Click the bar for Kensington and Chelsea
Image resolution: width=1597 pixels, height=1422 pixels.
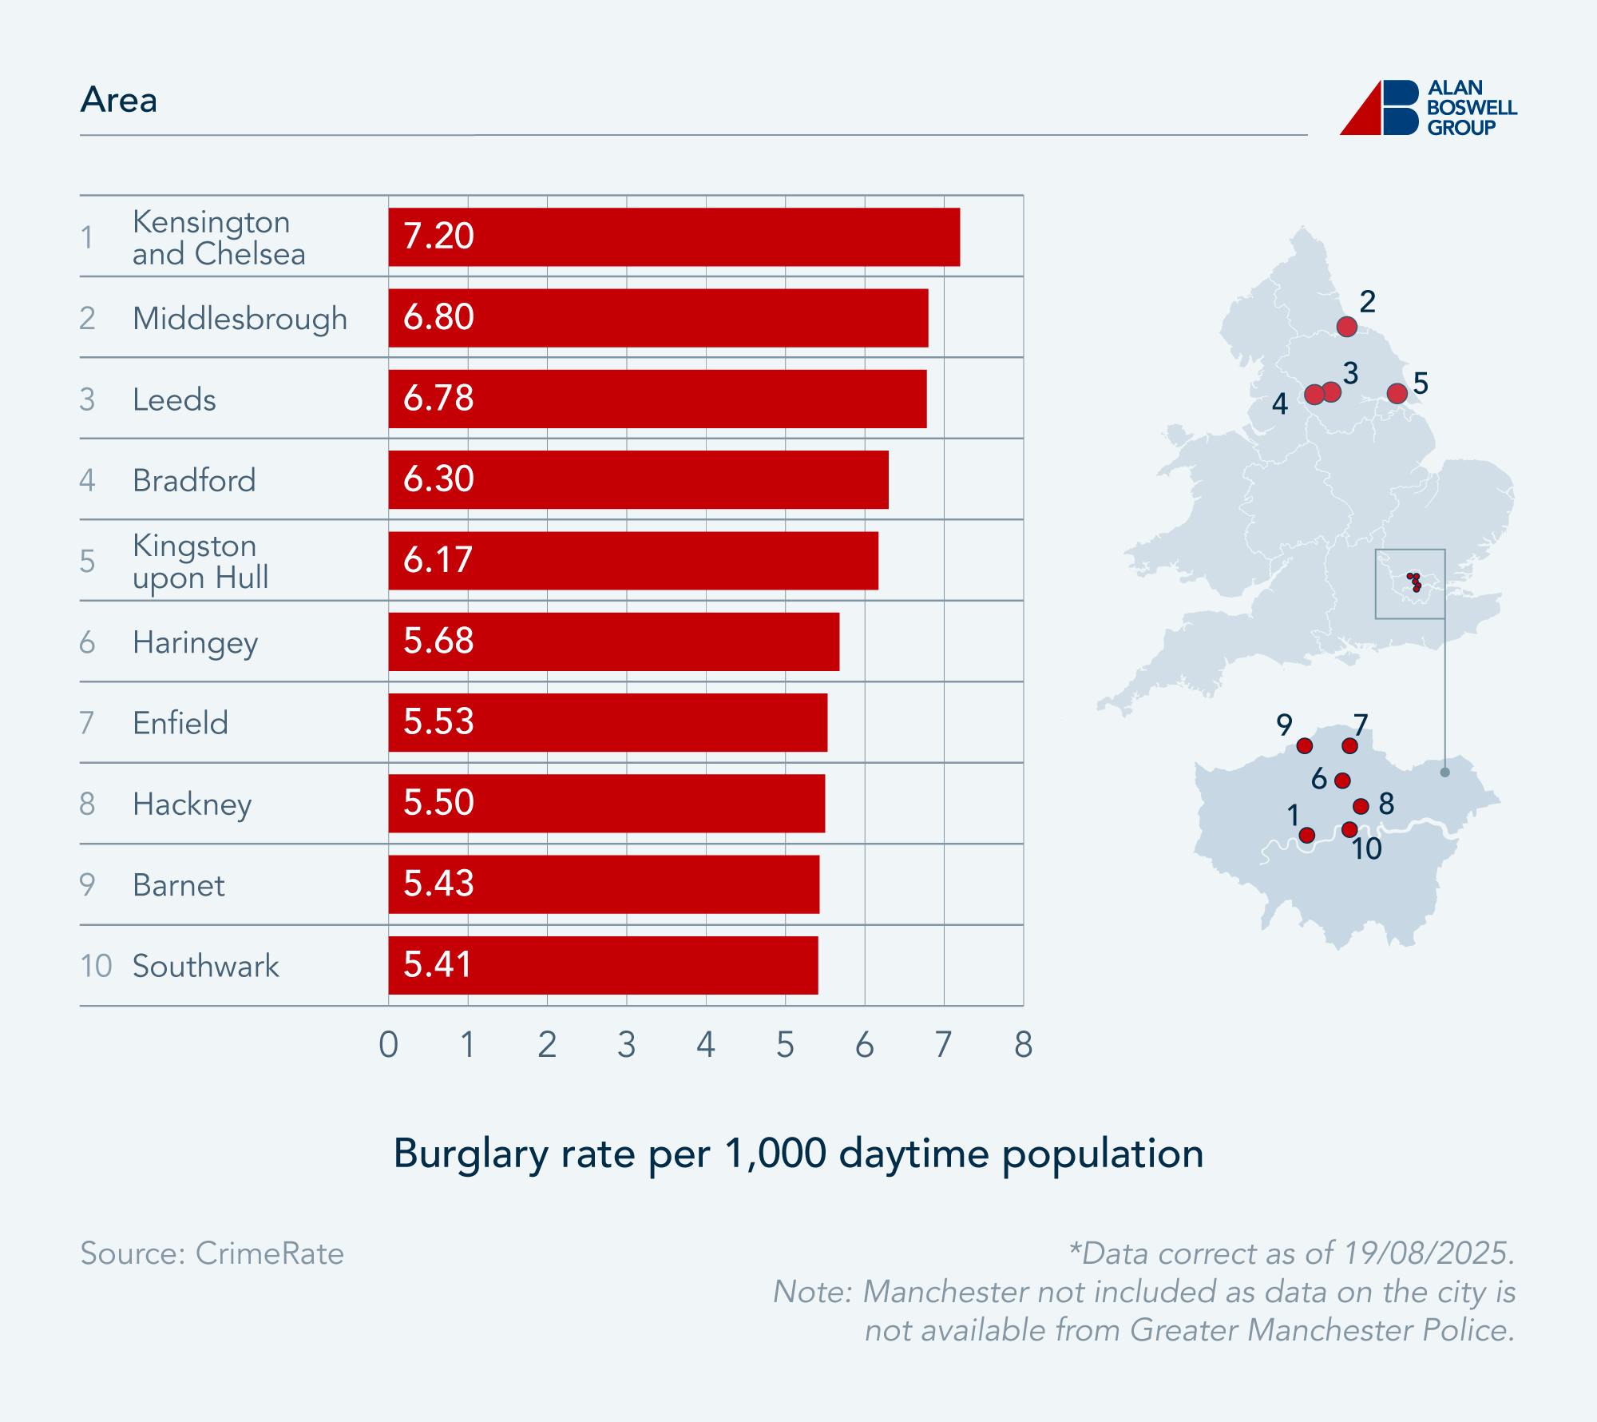pos(673,237)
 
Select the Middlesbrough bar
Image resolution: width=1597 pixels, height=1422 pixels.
pos(658,318)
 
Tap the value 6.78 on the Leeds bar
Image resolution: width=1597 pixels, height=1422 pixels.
pos(438,398)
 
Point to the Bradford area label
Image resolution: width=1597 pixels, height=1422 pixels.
pos(194,480)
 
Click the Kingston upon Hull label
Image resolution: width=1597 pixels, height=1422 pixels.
pos(200,562)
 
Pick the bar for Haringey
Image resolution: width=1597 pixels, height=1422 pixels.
pos(613,641)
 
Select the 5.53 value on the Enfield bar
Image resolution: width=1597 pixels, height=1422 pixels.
pos(438,721)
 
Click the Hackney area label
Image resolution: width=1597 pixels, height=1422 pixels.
pos(192,804)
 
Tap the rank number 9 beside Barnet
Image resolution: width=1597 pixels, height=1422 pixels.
pos(87,884)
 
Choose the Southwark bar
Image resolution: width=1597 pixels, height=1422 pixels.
pos(603,965)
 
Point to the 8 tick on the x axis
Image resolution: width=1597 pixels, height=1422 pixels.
pos(1023,1045)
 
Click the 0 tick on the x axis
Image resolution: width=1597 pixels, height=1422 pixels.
pos(389,1045)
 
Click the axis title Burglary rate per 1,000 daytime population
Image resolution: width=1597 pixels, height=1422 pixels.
pos(798,1154)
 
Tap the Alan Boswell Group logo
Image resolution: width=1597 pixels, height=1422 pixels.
pos(1428,108)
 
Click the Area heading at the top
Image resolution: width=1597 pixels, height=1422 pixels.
pos(119,100)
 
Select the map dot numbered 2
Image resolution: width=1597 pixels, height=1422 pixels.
pos(1346,327)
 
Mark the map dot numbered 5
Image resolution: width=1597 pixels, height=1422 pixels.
pos(1397,393)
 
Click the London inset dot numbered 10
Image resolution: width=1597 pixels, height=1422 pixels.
pos(1349,830)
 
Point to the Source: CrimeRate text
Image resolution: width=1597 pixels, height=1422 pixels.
pos(212,1253)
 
